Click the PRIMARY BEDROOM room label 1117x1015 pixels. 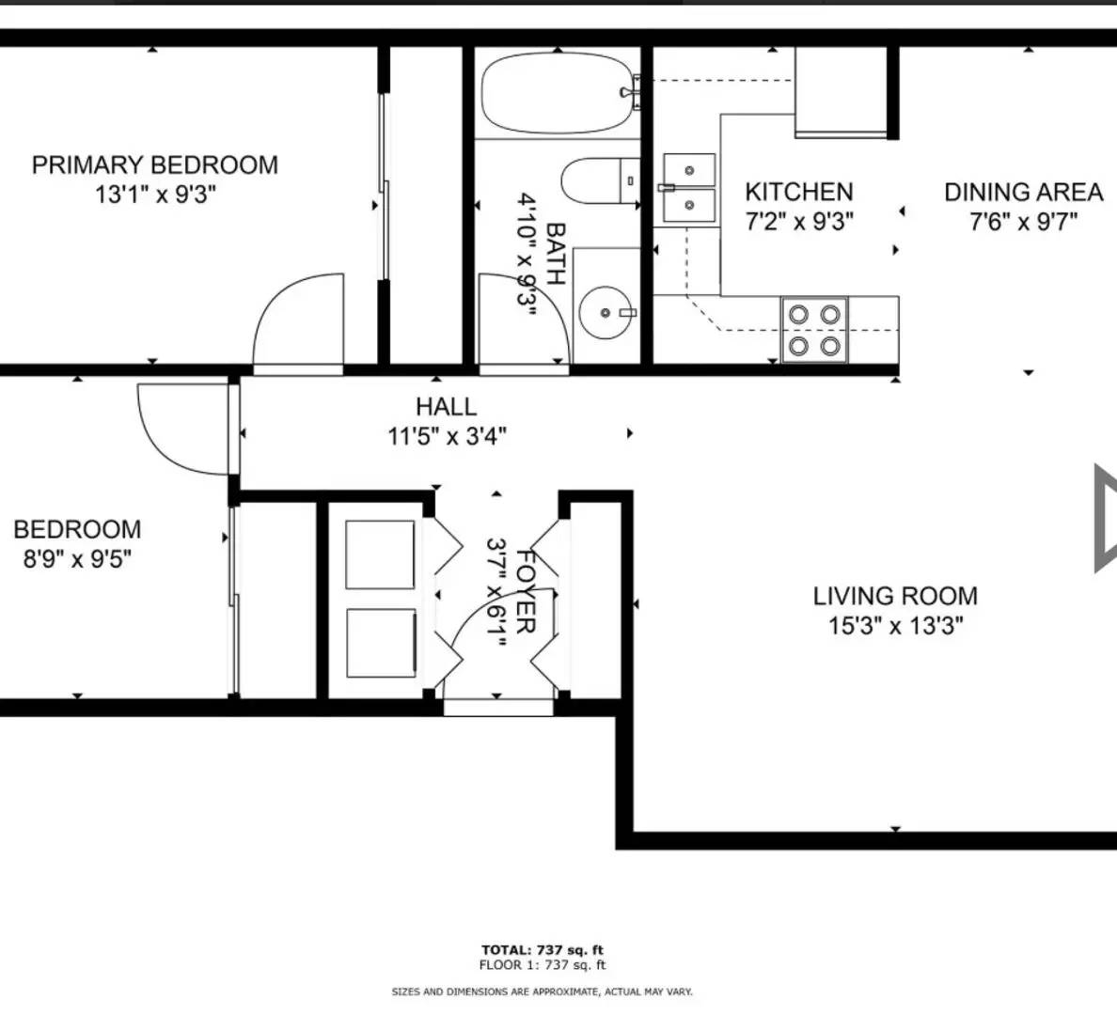pos(155,165)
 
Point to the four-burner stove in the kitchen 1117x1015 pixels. pos(814,330)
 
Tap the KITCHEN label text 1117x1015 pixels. pos(799,192)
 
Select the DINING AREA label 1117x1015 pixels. pos(1023,192)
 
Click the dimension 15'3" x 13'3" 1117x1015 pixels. pos(895,626)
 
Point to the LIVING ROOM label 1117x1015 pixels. pos(895,596)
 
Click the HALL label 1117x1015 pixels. pos(447,407)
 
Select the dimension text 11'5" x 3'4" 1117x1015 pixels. pos(447,436)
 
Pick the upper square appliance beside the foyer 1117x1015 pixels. pos(381,554)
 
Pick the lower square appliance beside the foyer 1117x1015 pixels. pos(381,644)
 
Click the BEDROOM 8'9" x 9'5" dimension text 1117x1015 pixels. pos(77,559)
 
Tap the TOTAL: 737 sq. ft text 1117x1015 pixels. pos(543,950)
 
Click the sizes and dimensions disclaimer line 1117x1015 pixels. pos(543,992)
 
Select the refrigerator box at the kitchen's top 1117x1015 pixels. pos(842,92)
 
